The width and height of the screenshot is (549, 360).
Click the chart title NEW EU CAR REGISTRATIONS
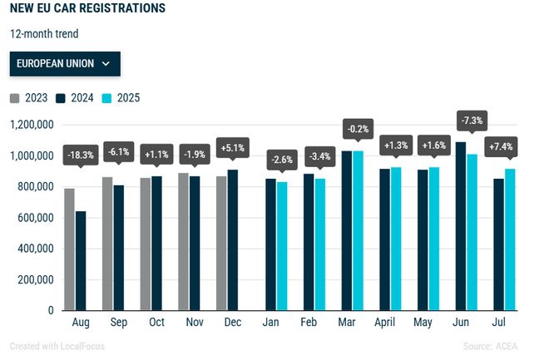click(x=87, y=8)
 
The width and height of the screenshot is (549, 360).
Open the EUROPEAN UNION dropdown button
click(x=65, y=63)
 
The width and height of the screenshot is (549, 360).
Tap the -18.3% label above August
click(x=80, y=154)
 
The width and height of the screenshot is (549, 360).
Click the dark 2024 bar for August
click(x=81, y=260)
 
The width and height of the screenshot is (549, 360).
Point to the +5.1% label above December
click(x=231, y=147)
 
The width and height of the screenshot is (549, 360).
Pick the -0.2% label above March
click(x=359, y=129)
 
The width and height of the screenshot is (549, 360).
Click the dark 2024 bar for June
click(x=461, y=225)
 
